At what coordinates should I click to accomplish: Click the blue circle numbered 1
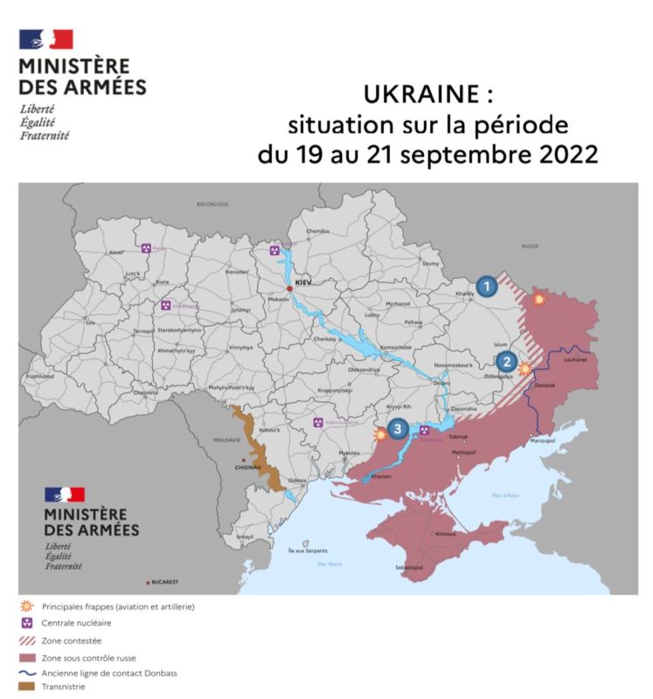coord(488,285)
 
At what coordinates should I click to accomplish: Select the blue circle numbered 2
coord(504,361)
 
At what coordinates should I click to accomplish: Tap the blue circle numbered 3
coord(399,428)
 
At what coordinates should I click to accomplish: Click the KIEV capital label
coord(303,284)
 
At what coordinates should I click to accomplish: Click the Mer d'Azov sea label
coord(505,495)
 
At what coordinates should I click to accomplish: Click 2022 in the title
coord(565,156)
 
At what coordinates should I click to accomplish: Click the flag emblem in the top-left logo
coord(45,38)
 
